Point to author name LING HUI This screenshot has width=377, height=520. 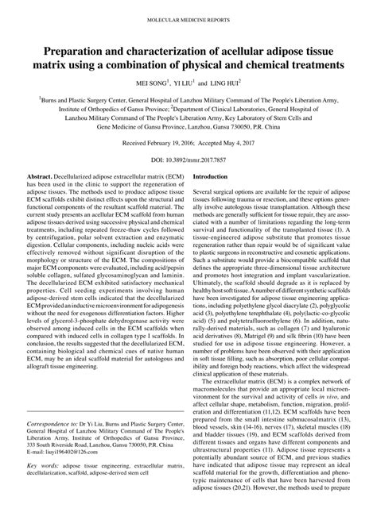coord(226,82)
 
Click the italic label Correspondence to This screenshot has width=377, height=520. coord(52,447)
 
